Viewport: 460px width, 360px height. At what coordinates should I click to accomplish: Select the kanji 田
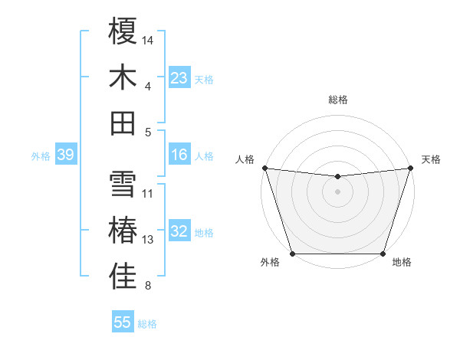point(123,123)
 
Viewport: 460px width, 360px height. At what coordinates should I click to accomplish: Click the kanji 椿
point(123,231)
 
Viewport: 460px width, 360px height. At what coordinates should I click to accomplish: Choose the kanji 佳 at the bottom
point(123,277)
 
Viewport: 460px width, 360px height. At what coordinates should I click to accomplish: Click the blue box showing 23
point(179,78)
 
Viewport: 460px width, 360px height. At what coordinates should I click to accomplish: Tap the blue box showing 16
point(179,155)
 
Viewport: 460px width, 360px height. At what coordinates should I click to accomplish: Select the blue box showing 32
point(179,232)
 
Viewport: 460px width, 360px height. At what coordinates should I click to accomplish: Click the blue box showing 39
point(65,155)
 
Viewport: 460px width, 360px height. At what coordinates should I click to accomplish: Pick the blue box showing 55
point(123,322)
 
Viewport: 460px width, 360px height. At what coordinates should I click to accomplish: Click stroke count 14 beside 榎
point(148,39)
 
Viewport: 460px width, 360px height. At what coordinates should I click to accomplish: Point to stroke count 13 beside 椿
point(148,240)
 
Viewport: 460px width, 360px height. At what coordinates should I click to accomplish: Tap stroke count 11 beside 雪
point(148,194)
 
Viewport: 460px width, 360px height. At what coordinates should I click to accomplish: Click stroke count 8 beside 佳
point(148,286)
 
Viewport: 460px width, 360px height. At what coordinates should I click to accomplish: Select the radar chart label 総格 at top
point(337,100)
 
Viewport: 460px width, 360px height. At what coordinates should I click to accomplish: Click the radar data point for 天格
point(410,168)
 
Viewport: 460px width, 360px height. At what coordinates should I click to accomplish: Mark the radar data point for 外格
point(292,254)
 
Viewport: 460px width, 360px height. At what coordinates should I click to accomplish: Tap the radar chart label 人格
point(245,159)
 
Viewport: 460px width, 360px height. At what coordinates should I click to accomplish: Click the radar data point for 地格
point(383,254)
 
